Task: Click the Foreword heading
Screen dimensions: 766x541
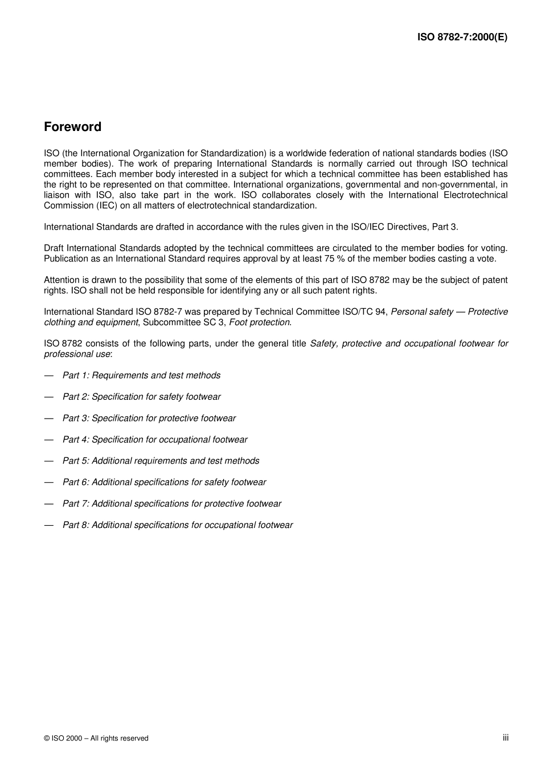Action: pyautogui.click(x=72, y=127)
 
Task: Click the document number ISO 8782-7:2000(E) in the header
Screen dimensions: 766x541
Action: pyautogui.click(x=462, y=38)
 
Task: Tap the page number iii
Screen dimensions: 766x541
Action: pyautogui.click(x=505, y=738)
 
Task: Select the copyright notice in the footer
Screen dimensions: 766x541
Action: pyautogui.click(x=96, y=738)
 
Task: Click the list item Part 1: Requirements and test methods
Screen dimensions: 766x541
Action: pyautogui.click(x=141, y=375)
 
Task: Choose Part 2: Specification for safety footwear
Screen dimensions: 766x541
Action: pyautogui.click(x=141, y=397)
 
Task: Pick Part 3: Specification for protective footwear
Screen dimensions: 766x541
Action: pyautogui.click(x=149, y=418)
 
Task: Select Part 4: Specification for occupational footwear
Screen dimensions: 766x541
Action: pyautogui.click(x=155, y=440)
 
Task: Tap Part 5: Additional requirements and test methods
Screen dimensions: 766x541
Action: pyautogui.click(x=161, y=461)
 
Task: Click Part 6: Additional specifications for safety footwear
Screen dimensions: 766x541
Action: pyautogui.click(x=164, y=482)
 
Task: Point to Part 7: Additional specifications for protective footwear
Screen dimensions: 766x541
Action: pyautogui.click(x=171, y=503)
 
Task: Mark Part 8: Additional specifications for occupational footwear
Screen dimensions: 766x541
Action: pyautogui.click(x=177, y=525)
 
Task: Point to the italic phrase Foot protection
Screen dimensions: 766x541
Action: pyautogui.click(x=260, y=322)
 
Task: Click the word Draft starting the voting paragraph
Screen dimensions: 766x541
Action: pyautogui.click(x=54, y=248)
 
